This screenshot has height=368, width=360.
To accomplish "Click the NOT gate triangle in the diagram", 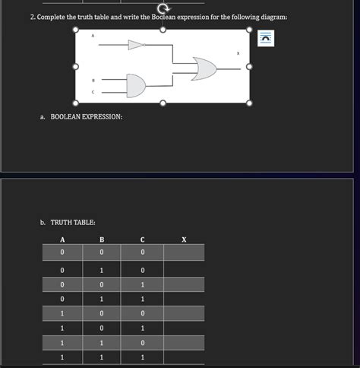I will coord(136,46).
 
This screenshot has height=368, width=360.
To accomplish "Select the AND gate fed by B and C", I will coord(134,85).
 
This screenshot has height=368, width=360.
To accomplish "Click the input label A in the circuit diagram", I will coord(93,36).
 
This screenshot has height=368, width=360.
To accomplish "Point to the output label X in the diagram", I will coord(237,53).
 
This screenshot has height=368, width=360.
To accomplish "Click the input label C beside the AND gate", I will coord(93,91).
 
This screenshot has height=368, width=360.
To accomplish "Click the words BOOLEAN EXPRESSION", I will coord(86,116).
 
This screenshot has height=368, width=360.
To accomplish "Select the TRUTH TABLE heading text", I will coord(73,222).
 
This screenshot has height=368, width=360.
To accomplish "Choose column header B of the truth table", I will coord(102,240).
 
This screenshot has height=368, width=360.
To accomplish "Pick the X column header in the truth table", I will coord(184,240).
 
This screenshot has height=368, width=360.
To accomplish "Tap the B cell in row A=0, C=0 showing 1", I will coord(102,269).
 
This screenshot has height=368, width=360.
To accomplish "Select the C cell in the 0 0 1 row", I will coord(142,284).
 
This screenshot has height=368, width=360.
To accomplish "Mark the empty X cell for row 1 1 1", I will coord(184,357).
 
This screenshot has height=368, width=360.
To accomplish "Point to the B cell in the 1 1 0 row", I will coord(102,343).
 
